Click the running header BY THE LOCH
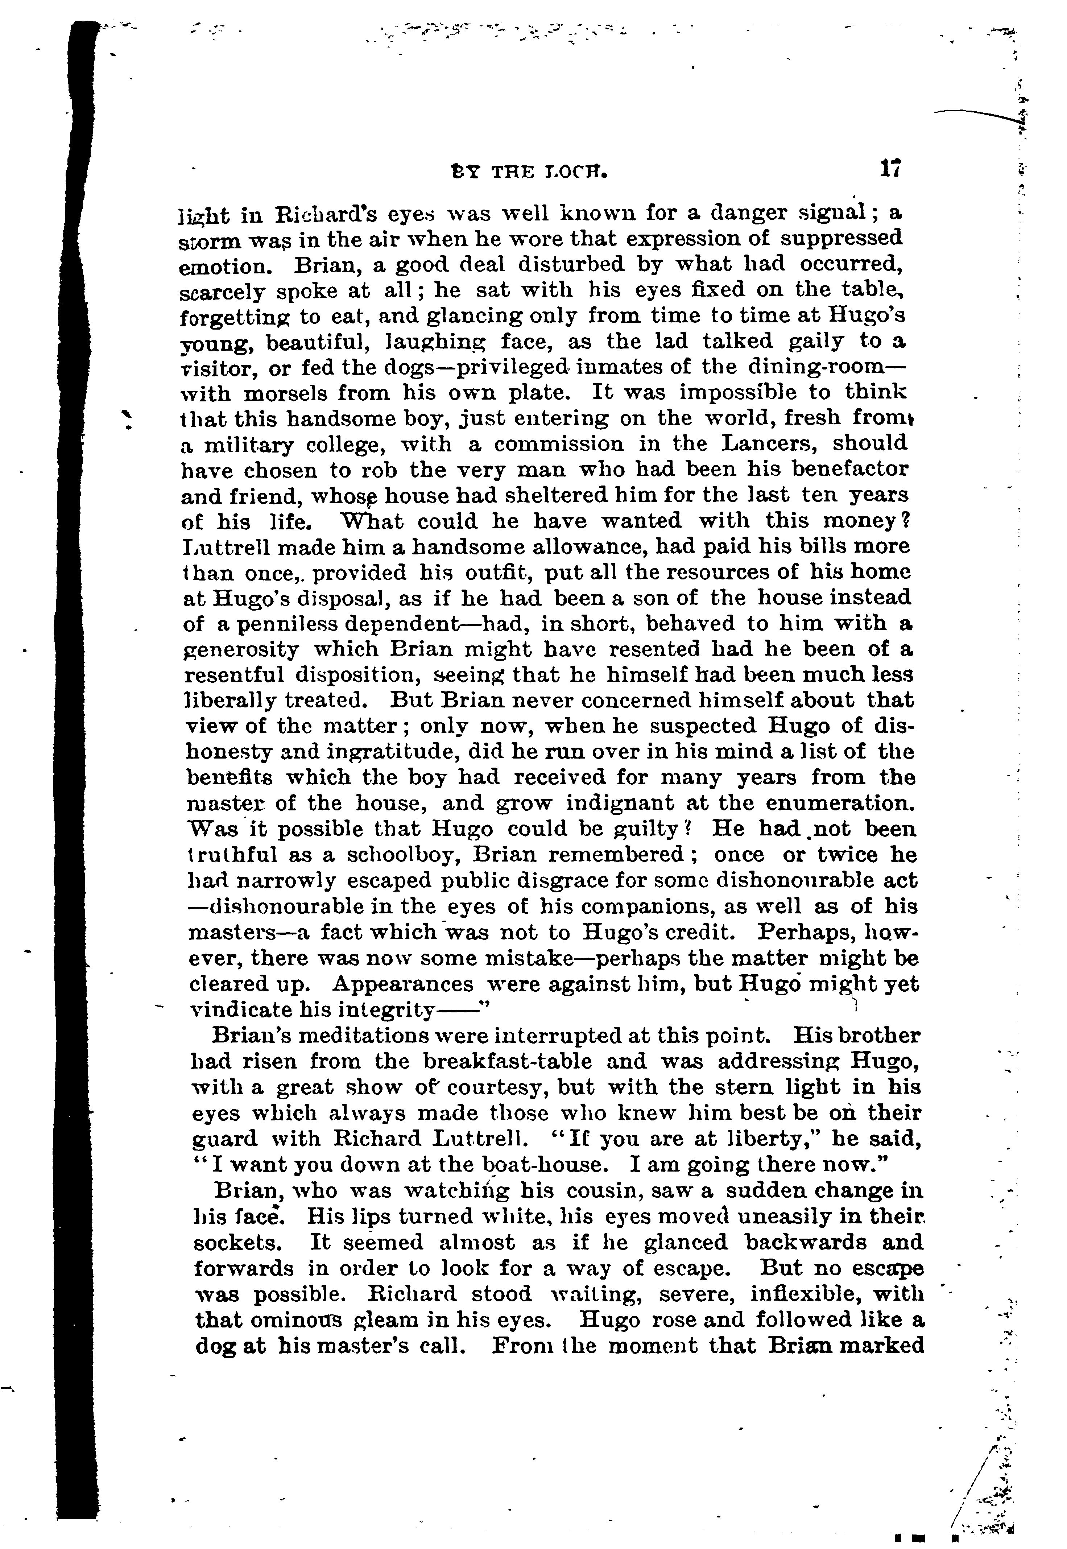pyautogui.click(x=529, y=173)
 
